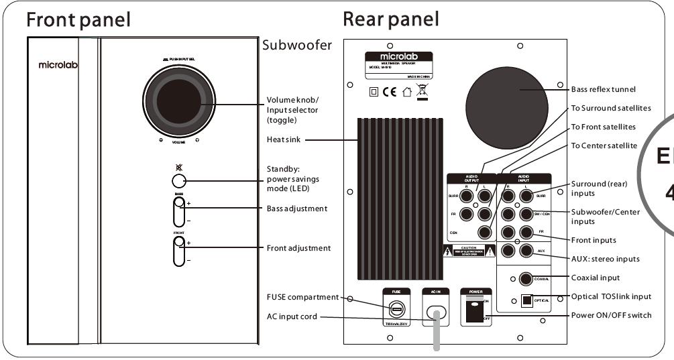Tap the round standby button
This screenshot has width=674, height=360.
pos(178,181)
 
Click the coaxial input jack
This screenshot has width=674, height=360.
pos(526,278)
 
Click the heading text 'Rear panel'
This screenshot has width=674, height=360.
pos(391,19)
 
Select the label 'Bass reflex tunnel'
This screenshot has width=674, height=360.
pos(602,88)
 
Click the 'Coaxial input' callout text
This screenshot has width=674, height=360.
pos(596,277)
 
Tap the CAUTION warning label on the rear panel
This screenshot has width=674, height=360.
pos(469,251)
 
